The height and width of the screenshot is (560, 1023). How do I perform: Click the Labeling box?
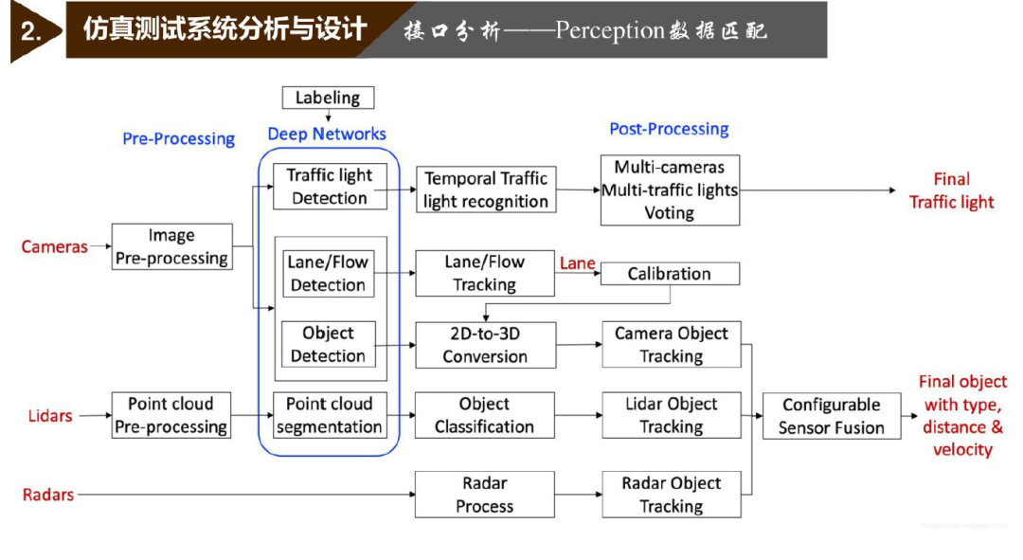(328, 98)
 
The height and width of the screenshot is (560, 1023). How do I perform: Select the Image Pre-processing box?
(171, 246)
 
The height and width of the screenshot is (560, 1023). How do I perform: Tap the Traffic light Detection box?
(330, 187)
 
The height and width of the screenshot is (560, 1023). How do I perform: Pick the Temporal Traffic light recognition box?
(486, 190)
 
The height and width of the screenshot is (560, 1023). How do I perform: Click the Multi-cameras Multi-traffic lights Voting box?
(670, 190)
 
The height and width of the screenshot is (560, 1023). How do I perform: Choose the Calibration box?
(670, 274)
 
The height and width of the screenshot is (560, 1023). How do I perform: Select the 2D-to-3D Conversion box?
(485, 345)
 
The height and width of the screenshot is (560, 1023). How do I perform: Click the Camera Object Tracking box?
(672, 344)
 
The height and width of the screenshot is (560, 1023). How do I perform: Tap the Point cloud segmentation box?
(330, 415)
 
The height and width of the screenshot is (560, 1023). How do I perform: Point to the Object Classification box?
(485, 415)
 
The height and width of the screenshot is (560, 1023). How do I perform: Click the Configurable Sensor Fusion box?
(832, 416)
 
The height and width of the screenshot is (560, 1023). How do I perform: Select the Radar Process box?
(485, 495)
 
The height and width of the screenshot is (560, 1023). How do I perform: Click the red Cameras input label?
(54, 246)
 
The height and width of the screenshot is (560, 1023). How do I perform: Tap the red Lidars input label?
(50, 416)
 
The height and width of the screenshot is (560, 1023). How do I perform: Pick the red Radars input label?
(48, 495)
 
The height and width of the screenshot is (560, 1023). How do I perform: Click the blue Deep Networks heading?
(327, 134)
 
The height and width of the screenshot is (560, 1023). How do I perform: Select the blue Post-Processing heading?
(669, 129)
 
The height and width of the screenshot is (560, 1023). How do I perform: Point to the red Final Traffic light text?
(952, 190)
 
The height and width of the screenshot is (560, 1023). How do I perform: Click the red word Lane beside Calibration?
(578, 263)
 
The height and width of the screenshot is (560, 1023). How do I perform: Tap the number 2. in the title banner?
(31, 31)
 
